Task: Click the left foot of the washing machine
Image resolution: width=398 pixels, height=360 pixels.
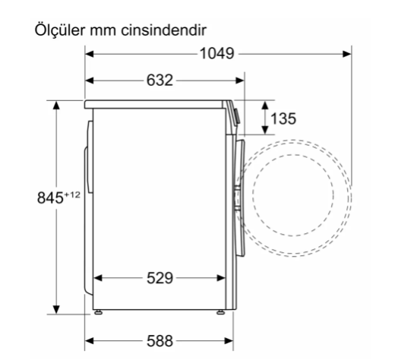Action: point(98,311)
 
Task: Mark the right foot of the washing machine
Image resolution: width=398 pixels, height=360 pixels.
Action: point(221,311)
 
